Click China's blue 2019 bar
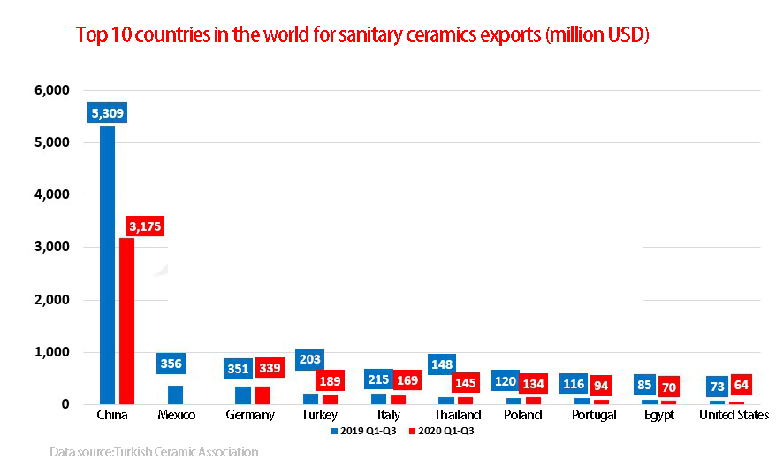(x=107, y=265)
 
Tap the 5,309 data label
(x=107, y=113)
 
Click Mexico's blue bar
(x=175, y=395)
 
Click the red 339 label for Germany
(x=270, y=368)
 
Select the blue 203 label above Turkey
(x=309, y=359)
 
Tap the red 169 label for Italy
(x=407, y=380)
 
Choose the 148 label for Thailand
(x=443, y=364)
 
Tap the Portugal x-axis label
(x=594, y=415)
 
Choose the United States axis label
(x=734, y=415)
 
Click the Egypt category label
(x=658, y=415)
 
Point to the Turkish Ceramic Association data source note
(x=154, y=452)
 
